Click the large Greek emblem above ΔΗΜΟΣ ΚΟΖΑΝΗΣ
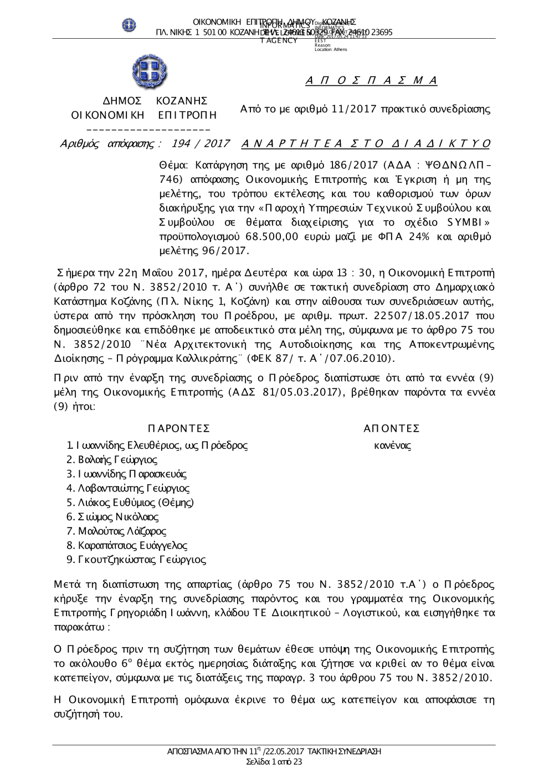[150, 72]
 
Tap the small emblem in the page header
[129, 25]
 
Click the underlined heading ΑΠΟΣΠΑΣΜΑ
[371, 81]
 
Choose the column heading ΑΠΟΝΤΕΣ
[392, 428]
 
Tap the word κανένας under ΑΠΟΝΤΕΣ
[392, 445]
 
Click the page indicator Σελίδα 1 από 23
[274, 762]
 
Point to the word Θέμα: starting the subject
[173, 165]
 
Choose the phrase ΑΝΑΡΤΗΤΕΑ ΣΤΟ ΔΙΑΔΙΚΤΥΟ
[366, 144]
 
